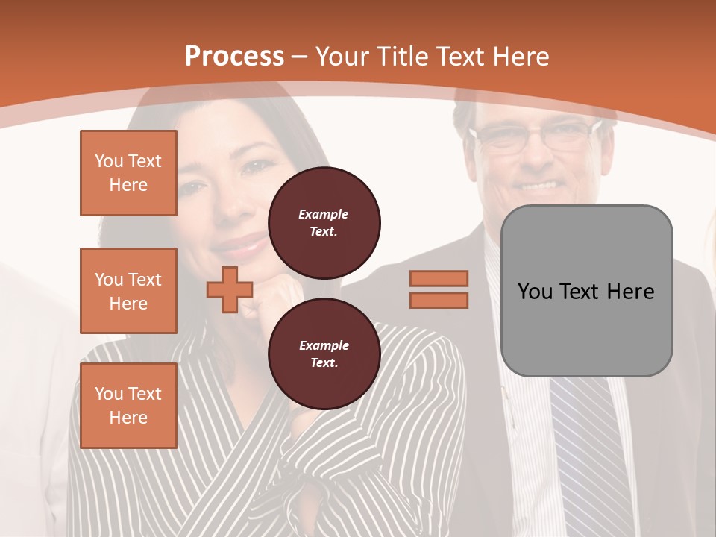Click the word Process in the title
point(234,57)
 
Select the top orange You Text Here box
point(128,173)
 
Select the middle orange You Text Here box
point(128,291)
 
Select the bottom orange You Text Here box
point(128,406)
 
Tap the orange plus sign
point(230,290)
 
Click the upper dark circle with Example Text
point(324,223)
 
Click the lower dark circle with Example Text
point(324,354)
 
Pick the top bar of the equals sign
point(439,279)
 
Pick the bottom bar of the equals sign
point(439,300)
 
